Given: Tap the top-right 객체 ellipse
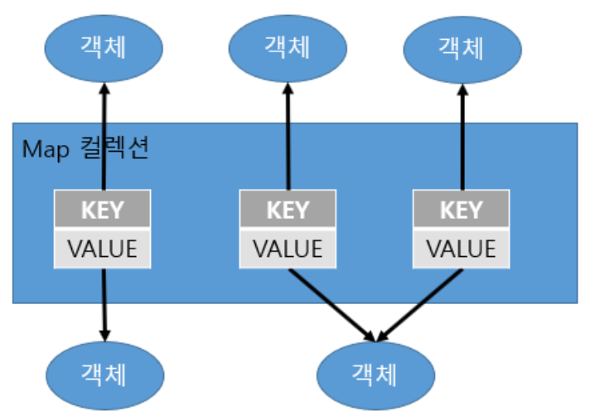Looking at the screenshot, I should (461, 47).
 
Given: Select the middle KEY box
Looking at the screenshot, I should (288, 209).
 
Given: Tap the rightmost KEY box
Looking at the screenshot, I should (461, 209).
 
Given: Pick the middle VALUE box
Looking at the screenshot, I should (288, 248).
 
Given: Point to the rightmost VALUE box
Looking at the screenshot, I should (461, 248).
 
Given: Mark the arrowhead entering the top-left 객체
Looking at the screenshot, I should (103, 88).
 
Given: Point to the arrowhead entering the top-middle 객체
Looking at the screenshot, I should (288, 88).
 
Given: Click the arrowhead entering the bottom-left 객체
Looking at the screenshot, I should (104, 331).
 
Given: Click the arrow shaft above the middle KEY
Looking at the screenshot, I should (288, 141).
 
